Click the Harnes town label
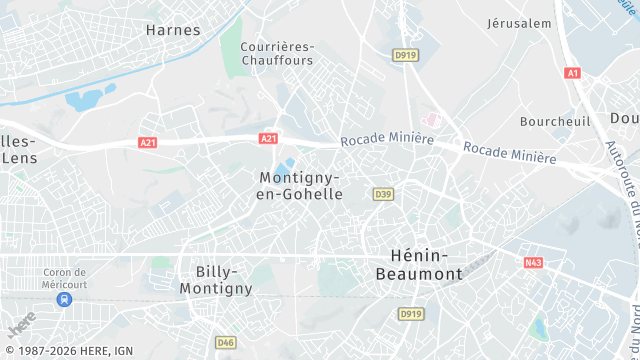173,30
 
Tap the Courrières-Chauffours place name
278,54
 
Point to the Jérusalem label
519,23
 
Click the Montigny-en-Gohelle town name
300,185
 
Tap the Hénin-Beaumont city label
419,263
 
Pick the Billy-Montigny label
216,280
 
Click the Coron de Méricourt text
66,278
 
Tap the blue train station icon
65,298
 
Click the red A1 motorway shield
572,73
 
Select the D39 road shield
382,193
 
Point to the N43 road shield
533,263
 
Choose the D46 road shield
225,342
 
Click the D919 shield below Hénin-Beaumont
411,314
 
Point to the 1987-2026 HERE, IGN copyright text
68,351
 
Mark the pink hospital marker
432,119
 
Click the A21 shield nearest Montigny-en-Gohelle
267,139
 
